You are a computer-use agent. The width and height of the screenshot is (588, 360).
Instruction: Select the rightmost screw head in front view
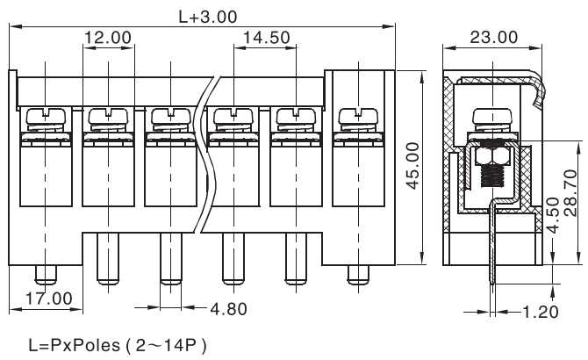356,115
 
